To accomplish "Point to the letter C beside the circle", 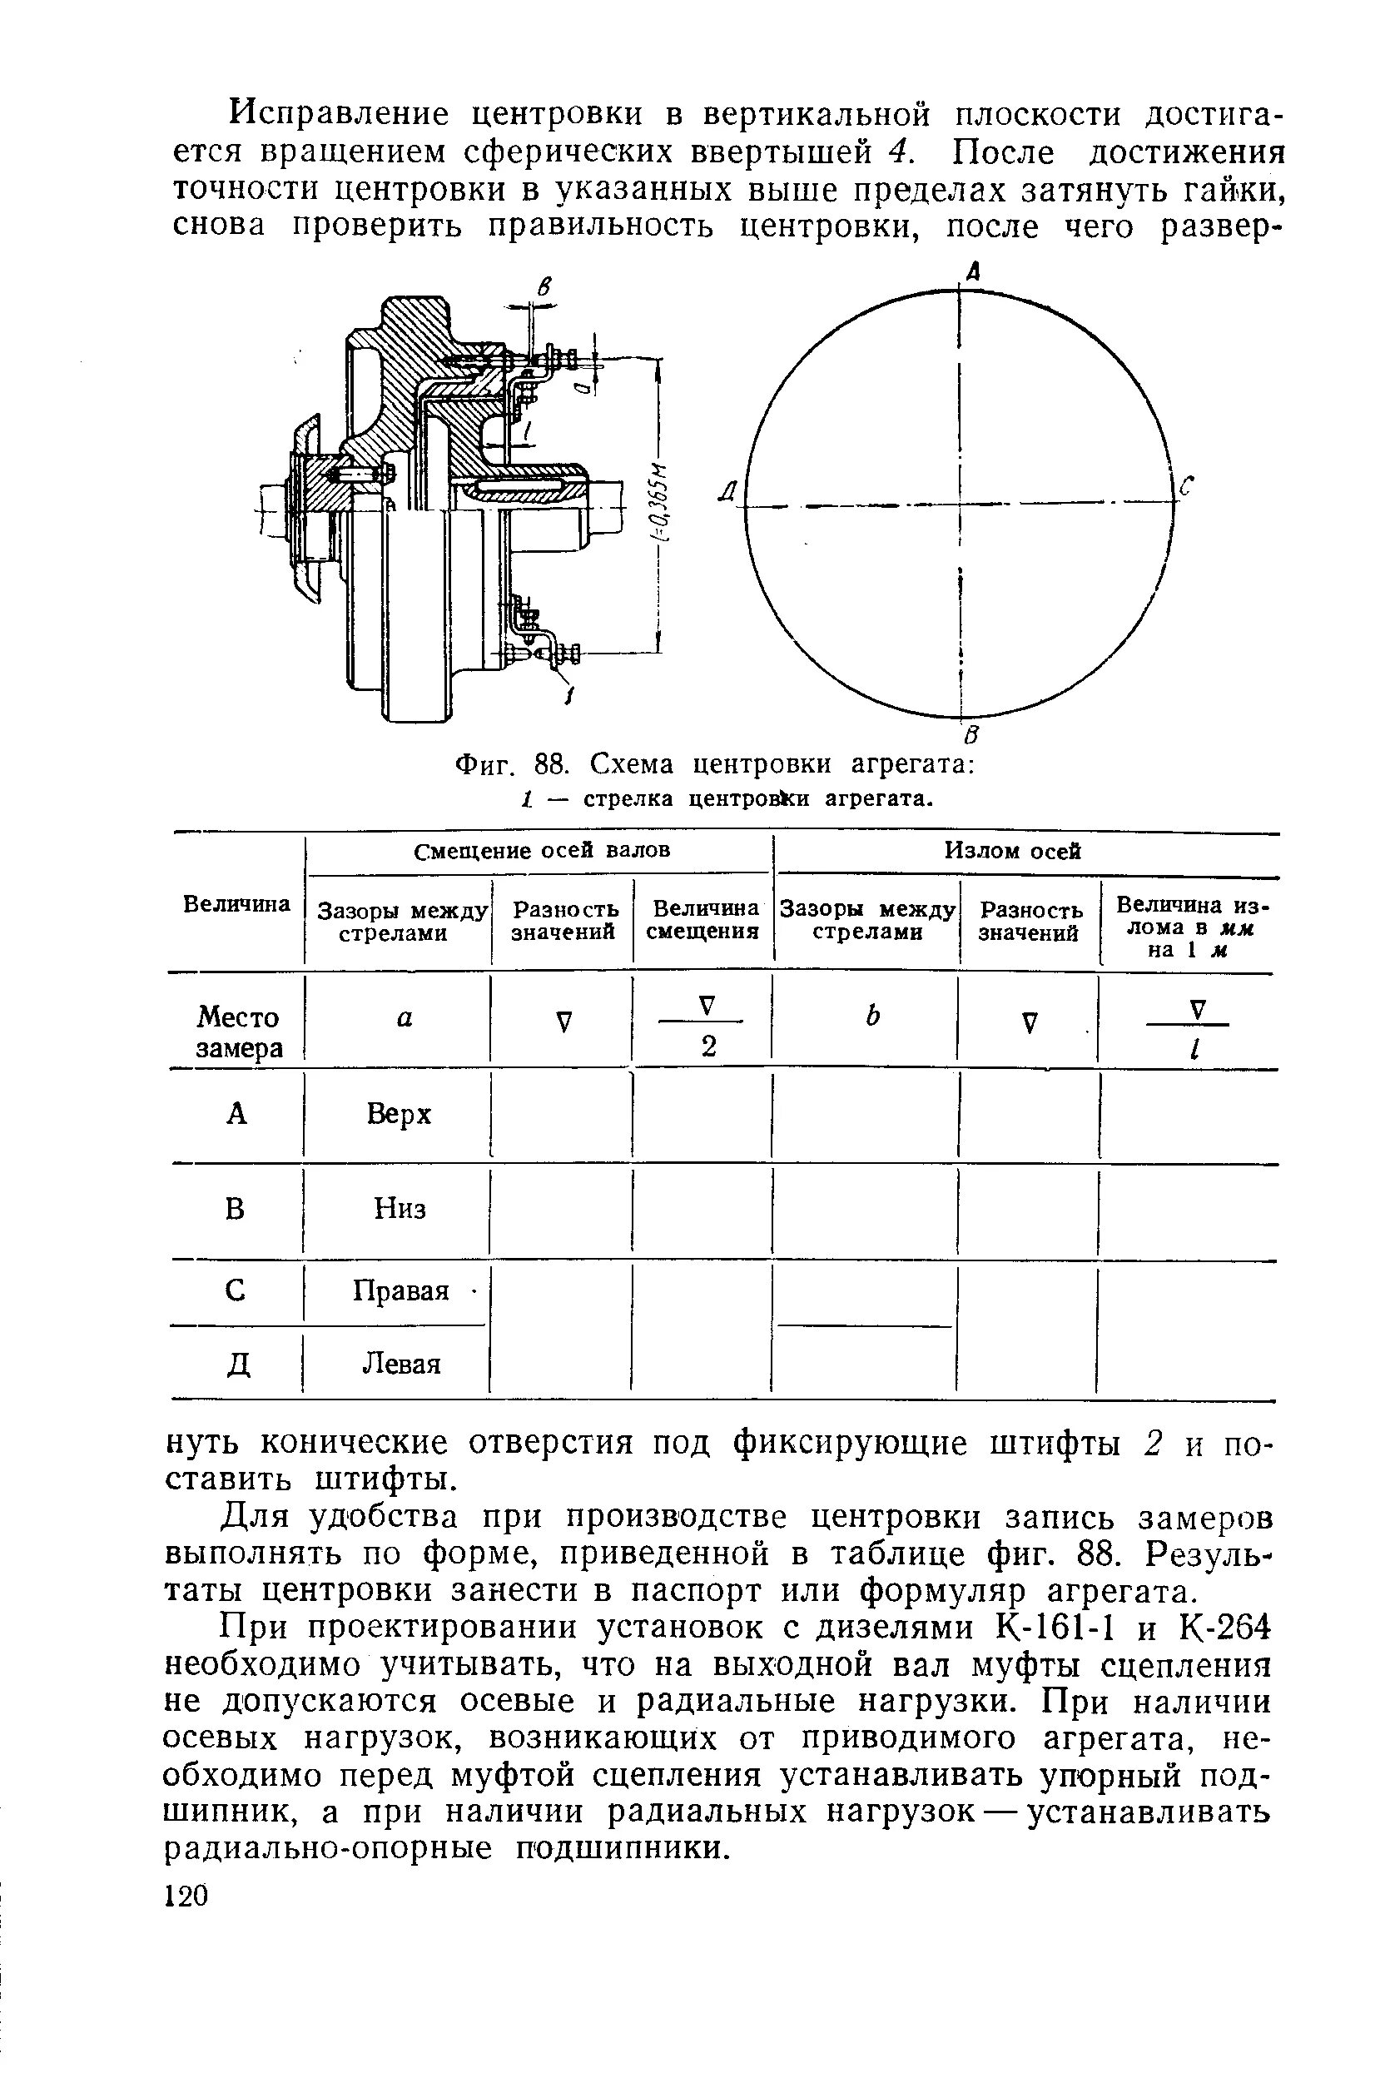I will (1186, 486).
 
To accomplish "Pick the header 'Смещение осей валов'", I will (543, 850).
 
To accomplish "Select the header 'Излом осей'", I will (1012, 850).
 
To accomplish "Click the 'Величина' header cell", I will (236, 904).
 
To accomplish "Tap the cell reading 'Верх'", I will (400, 1114).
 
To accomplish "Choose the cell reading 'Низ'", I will (400, 1208).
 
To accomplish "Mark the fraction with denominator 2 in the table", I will (707, 1027).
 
